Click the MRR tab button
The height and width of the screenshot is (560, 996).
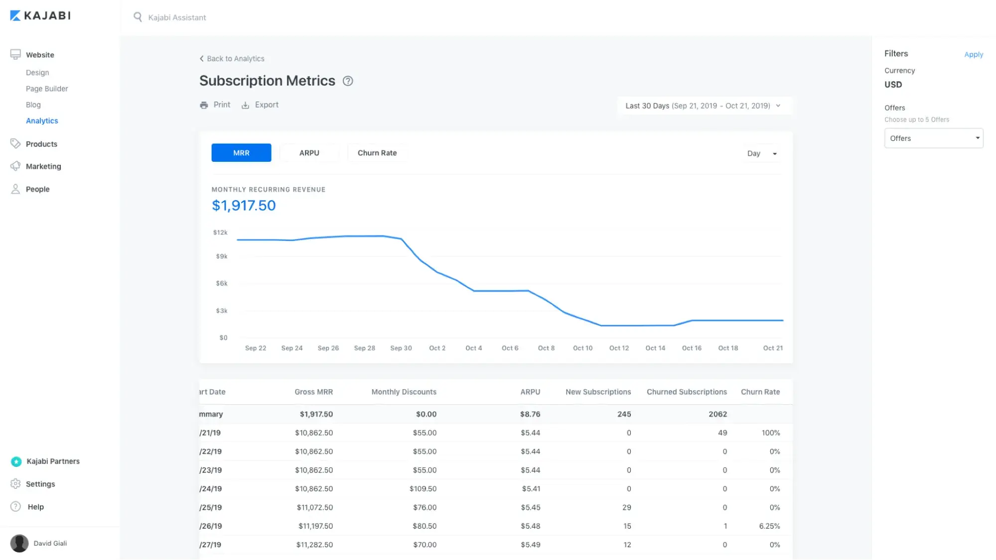[x=241, y=153]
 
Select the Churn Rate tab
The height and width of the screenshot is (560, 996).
[x=377, y=153]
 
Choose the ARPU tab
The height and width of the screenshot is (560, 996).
[x=309, y=153]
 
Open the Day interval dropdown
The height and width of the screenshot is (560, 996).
[x=761, y=153]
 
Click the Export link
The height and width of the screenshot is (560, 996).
[x=260, y=105]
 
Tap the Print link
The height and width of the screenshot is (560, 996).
[x=215, y=105]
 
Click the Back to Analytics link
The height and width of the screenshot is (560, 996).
[x=232, y=59]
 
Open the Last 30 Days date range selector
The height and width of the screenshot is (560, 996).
[x=703, y=106]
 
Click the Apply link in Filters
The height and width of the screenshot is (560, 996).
[x=973, y=54]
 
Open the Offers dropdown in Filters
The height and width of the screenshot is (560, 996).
[x=933, y=138]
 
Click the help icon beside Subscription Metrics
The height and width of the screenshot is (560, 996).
[x=348, y=81]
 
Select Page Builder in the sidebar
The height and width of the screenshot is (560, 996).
[x=47, y=89]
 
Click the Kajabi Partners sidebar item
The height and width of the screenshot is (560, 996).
[x=53, y=461]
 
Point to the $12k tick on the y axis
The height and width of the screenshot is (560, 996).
[x=220, y=232]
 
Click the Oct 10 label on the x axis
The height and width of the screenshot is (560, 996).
[x=582, y=348]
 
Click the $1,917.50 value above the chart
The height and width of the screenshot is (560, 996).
[x=244, y=205]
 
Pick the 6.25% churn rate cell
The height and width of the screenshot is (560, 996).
[x=769, y=526]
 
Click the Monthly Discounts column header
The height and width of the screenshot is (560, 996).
[x=404, y=392]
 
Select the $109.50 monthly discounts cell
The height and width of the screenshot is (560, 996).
[x=423, y=489]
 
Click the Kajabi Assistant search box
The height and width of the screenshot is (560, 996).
[x=177, y=17]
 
